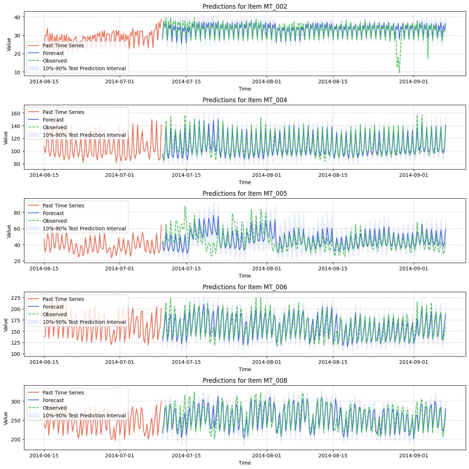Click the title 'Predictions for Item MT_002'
pos(245,7)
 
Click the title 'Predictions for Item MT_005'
pos(245,194)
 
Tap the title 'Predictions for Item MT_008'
pos(245,381)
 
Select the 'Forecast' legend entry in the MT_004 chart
pos(53,120)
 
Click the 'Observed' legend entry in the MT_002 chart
pos(55,61)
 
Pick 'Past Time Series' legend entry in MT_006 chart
pos(63,299)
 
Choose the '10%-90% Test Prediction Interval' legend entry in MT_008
pos(84,416)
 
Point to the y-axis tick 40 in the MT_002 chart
pos(17,17)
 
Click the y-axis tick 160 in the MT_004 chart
pos(15,114)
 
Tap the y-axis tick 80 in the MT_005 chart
pos(17,212)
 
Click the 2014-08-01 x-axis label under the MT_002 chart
pos(267,82)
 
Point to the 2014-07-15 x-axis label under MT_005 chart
pos(186,269)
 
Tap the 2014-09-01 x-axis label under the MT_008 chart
pos(414,456)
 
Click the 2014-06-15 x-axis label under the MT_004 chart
pos(44,175)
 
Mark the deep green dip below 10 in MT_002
pos(399,72)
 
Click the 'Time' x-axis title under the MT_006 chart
pos(245,369)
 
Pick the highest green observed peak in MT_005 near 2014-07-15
pos(185,207)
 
